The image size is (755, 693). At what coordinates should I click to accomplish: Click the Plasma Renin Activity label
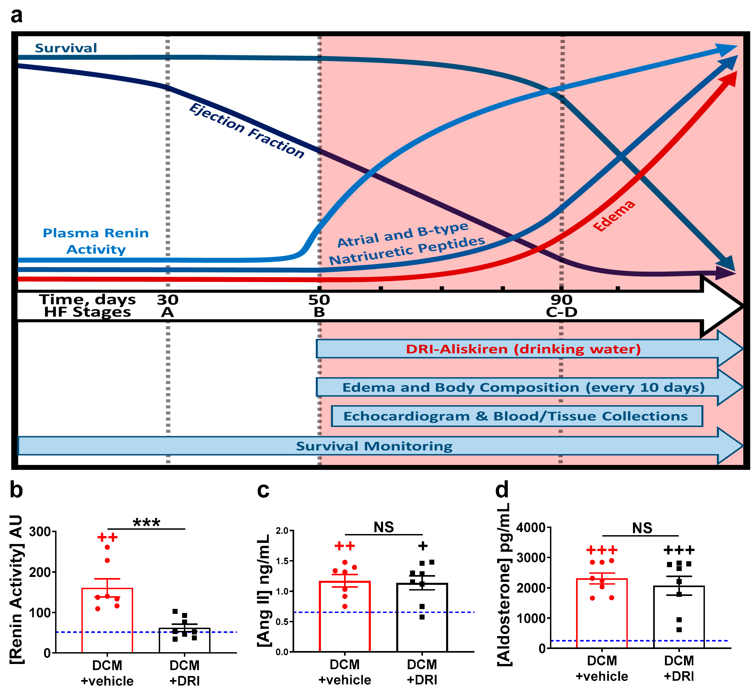click(96, 241)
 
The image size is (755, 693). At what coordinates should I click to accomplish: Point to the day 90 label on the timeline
click(562, 300)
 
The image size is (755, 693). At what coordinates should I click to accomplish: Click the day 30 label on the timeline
click(167, 300)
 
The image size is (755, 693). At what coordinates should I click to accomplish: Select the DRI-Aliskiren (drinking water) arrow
click(523, 349)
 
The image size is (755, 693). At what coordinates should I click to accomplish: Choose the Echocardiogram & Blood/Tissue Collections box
click(516, 416)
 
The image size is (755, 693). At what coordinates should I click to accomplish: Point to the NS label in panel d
click(642, 528)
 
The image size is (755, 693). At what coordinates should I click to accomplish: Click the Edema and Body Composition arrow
click(523, 387)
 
